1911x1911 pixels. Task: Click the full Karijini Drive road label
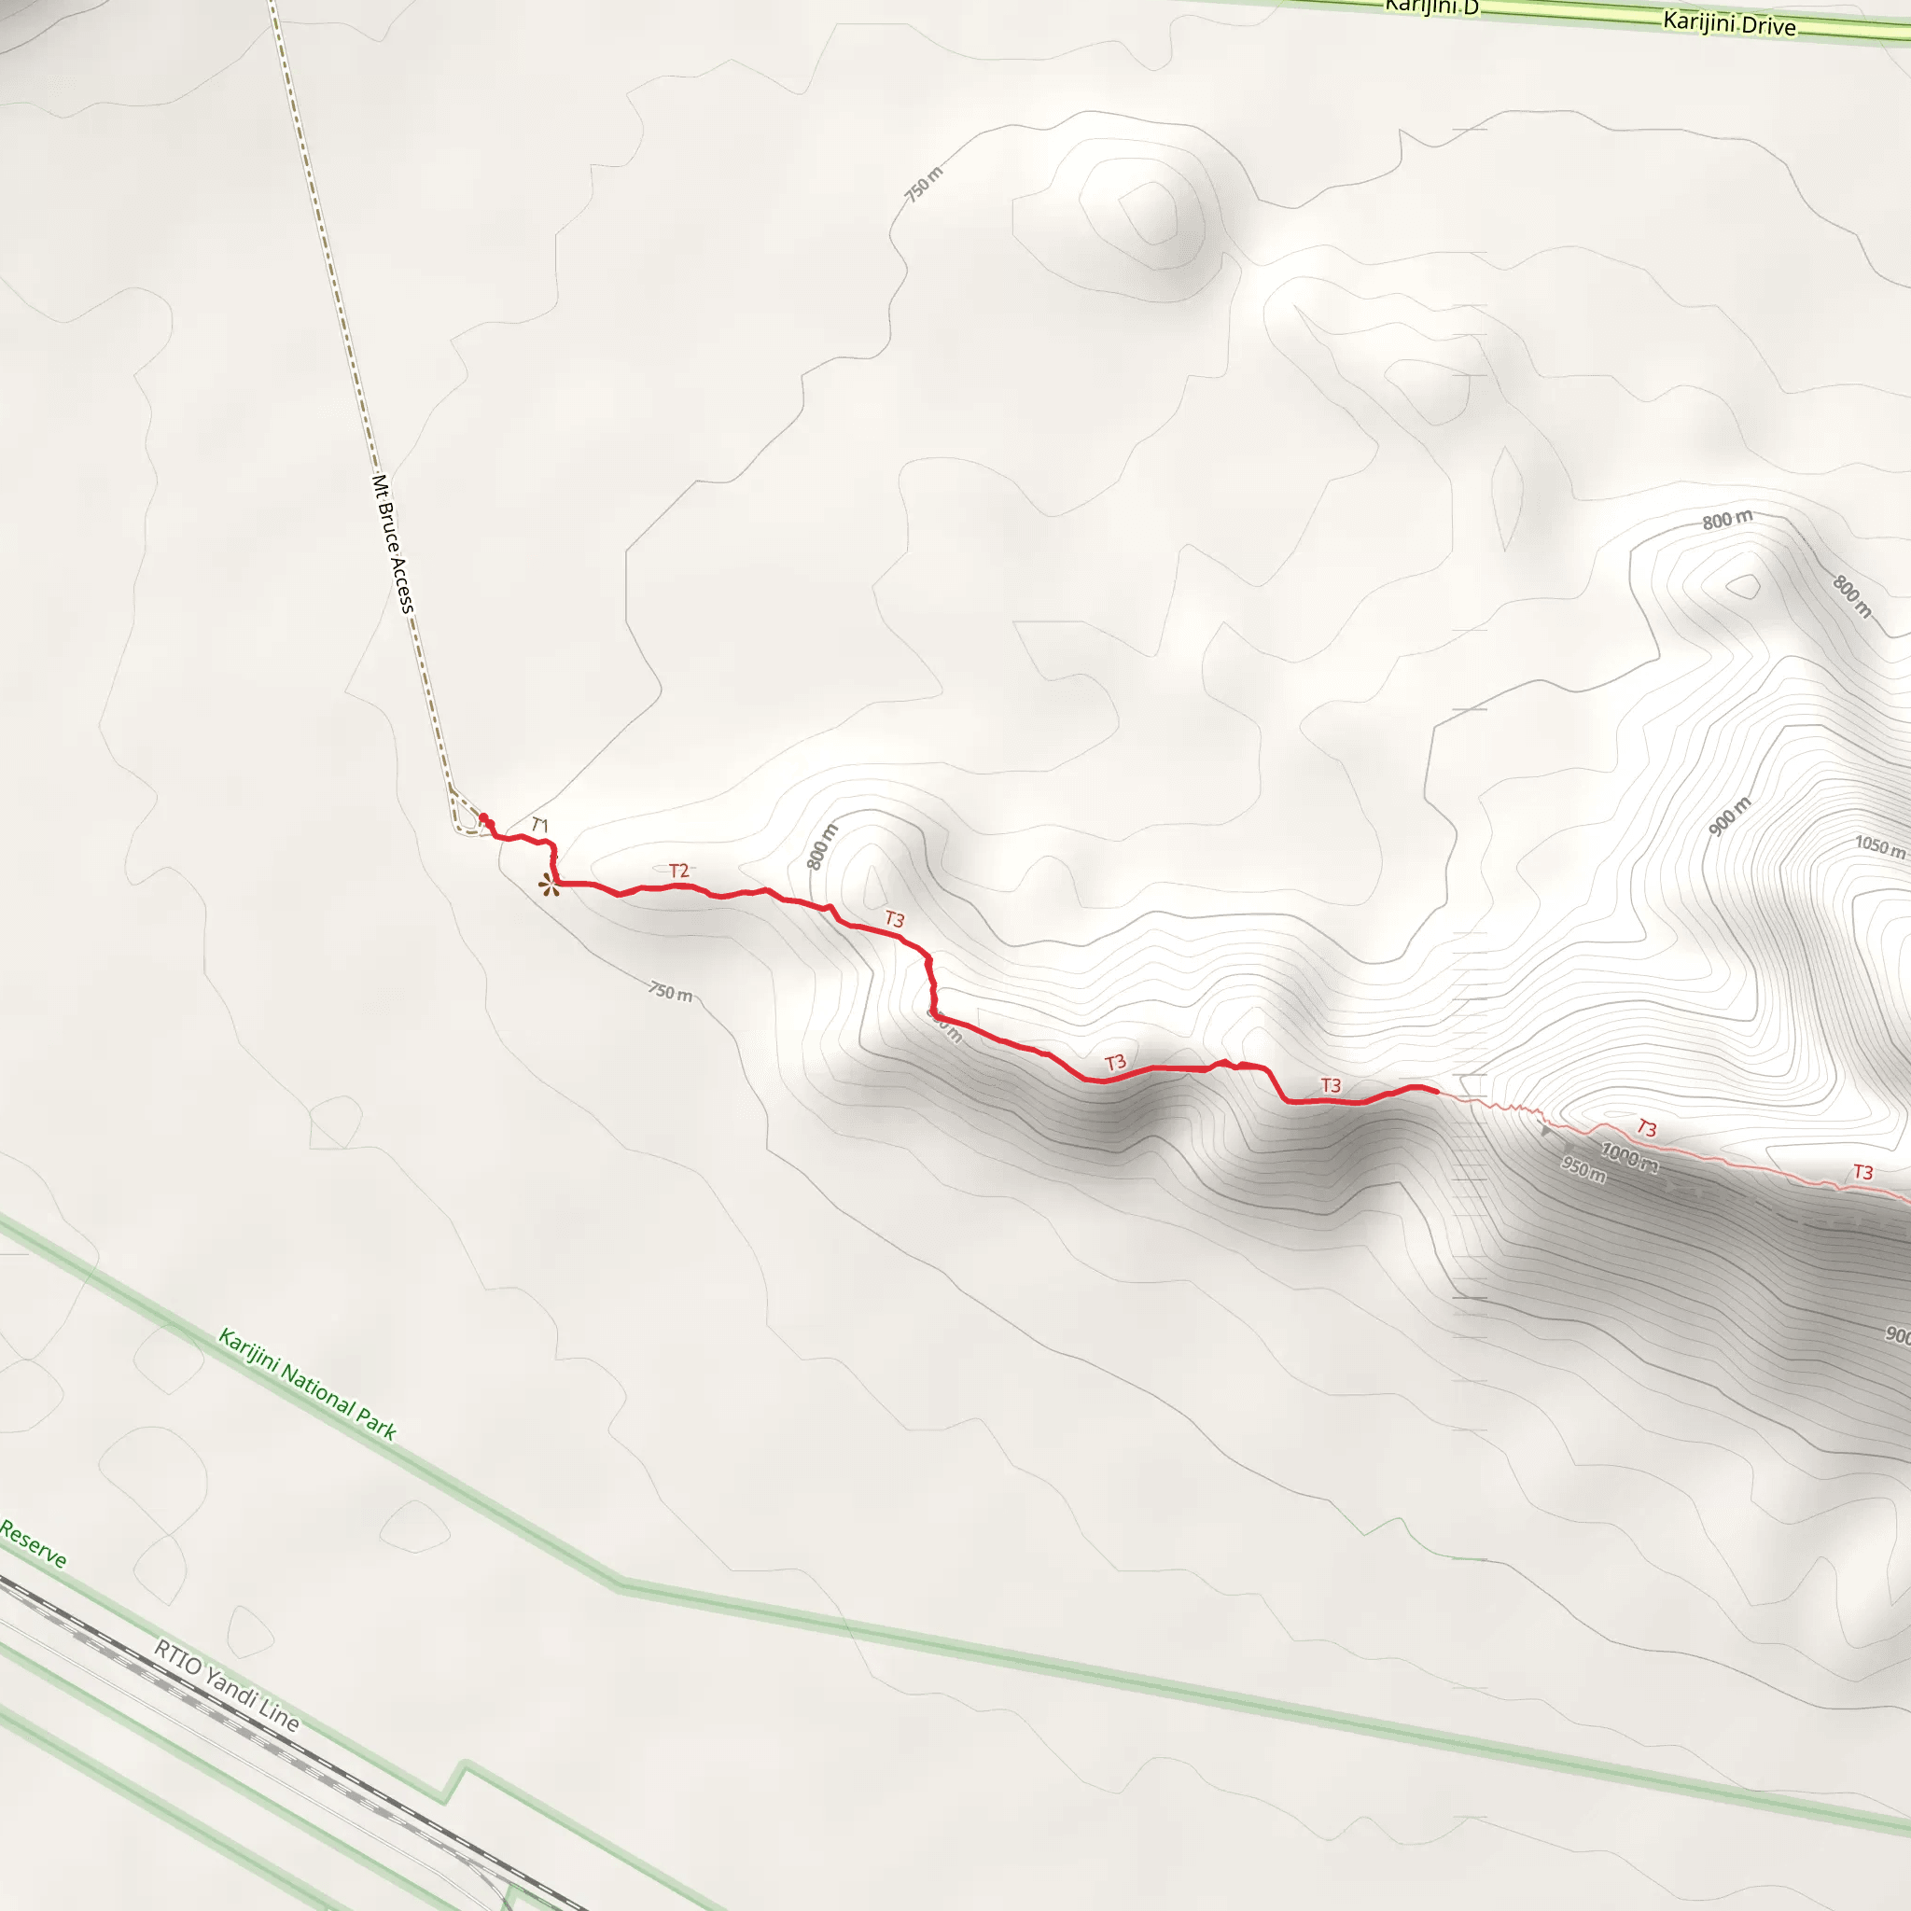pos(1729,22)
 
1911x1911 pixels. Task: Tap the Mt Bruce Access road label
pos(393,544)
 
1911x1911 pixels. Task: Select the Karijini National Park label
pos(308,1384)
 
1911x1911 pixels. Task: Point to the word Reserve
pos(33,1544)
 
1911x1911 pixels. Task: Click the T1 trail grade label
pos(539,824)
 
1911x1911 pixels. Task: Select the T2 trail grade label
pos(678,871)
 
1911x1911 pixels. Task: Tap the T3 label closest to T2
pos(894,919)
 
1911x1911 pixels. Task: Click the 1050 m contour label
pos(1879,846)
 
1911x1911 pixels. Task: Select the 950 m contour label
pos(1583,1169)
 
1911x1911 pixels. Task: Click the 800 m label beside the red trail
pos(822,846)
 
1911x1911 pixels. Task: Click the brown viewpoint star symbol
pos(548,886)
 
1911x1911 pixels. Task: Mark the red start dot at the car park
pos(483,817)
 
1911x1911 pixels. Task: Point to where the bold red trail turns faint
pos(1437,1091)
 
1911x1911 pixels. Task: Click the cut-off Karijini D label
pos(1431,7)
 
